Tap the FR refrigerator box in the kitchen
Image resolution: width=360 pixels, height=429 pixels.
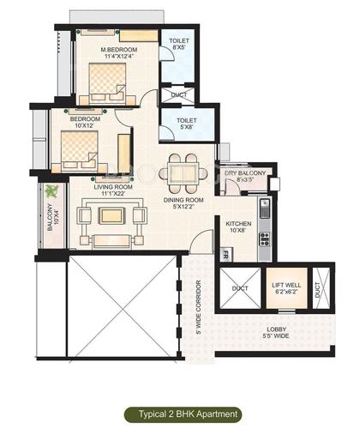pyautogui.click(x=225, y=254)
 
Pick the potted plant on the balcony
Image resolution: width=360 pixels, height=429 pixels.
pyautogui.click(x=53, y=190)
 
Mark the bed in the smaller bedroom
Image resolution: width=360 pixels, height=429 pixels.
pyautogui.click(x=79, y=150)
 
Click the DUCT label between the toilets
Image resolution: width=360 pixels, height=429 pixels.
pyautogui.click(x=179, y=94)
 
